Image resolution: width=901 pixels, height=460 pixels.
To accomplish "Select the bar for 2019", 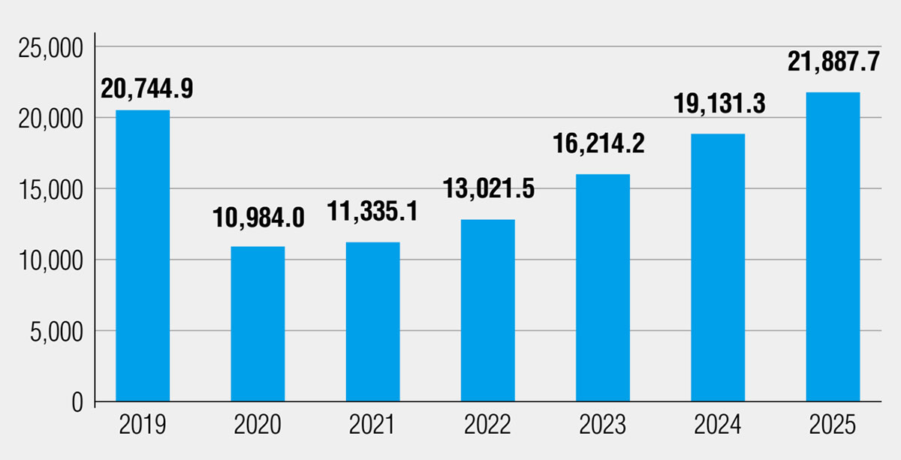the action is (143, 256).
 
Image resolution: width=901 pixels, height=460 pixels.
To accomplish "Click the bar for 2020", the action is (258, 323).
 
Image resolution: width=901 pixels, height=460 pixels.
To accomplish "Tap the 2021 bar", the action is (373, 322).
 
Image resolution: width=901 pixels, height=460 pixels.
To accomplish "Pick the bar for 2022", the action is (488, 311).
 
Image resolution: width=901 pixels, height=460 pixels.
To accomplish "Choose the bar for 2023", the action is (603, 287).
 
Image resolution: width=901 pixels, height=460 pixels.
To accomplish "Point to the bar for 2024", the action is (718, 267).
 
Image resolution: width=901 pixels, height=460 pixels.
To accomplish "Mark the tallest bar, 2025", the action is (833, 247).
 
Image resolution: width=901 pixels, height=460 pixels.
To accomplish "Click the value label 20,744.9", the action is (147, 89).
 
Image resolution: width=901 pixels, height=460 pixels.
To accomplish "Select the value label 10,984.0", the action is (258, 218).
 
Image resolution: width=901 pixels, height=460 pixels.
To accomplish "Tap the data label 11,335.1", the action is (372, 212).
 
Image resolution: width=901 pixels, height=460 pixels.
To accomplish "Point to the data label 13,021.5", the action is (489, 188).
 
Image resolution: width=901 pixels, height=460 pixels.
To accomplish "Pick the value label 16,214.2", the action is (598, 143).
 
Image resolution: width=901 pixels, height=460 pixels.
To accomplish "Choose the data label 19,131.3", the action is (719, 104).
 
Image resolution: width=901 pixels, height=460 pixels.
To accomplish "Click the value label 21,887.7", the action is (834, 62).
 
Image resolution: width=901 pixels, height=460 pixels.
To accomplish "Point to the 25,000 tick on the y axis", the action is (51, 49).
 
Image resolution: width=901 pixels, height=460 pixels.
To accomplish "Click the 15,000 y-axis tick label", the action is (51, 191).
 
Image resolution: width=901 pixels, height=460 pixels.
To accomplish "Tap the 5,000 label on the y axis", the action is (56, 332).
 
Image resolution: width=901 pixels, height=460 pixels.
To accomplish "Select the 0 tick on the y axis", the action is (77, 402).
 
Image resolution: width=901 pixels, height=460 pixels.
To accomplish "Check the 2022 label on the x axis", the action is (487, 425).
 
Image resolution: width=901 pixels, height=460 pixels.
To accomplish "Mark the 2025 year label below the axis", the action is (833, 425).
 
